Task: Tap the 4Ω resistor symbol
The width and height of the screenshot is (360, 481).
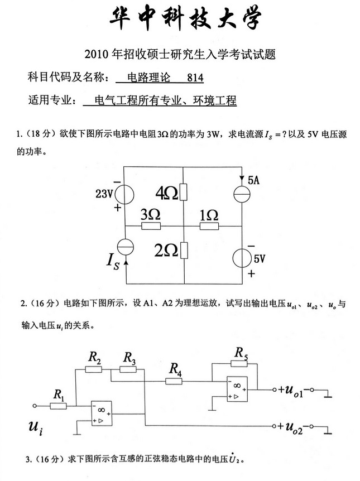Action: tap(184, 193)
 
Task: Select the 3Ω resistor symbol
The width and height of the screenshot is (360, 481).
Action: tap(151, 226)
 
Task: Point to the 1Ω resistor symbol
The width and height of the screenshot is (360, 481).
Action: tap(208, 226)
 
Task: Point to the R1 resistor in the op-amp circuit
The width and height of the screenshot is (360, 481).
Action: tap(59, 405)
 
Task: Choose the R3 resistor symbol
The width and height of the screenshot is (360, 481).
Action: tap(129, 369)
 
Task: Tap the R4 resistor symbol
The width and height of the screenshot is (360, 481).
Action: tap(175, 381)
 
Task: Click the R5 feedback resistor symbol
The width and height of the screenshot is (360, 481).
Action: tap(241, 363)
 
